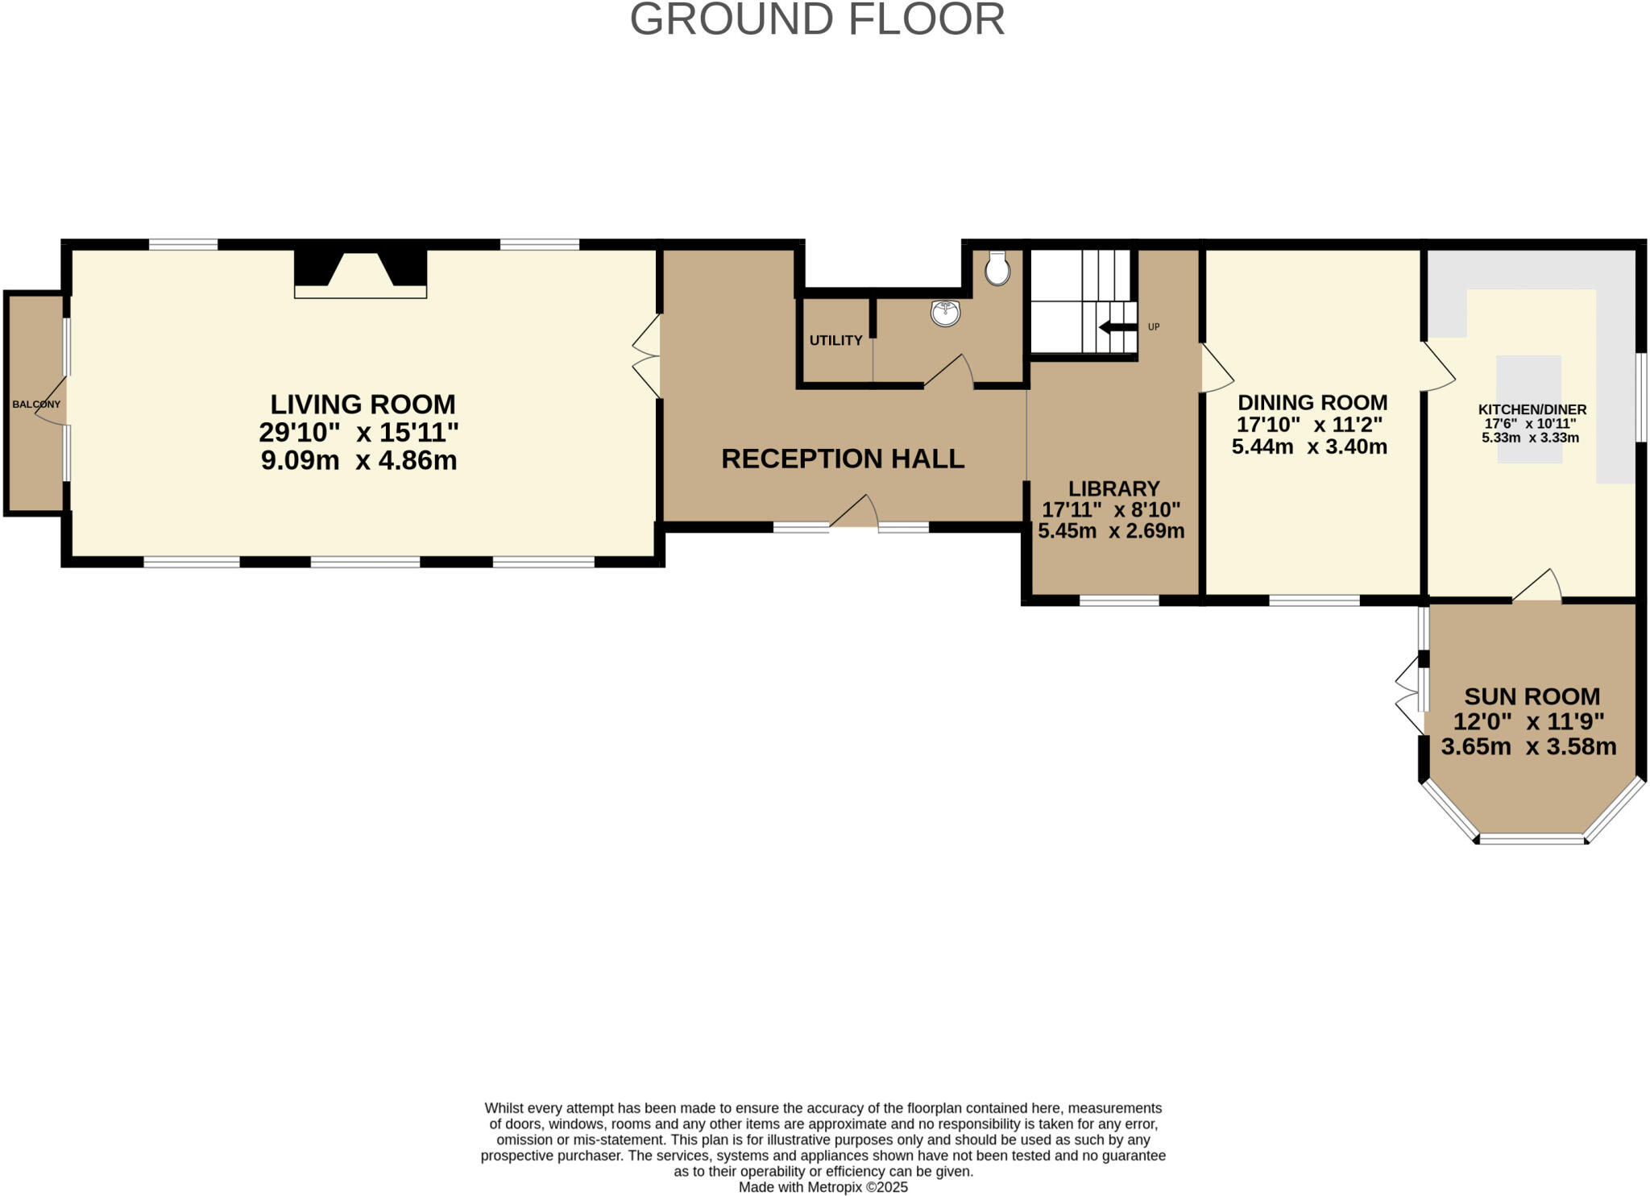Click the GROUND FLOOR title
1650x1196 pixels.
coord(817,19)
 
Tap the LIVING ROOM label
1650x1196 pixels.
coord(363,404)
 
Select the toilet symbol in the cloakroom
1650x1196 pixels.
coord(997,268)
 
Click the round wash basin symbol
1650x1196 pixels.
coord(945,313)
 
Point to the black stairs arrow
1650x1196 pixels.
coord(1117,327)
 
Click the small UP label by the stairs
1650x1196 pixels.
coord(1154,327)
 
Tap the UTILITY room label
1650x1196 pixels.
coord(835,340)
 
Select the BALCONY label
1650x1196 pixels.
coord(36,405)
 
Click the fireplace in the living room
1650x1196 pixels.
coord(360,273)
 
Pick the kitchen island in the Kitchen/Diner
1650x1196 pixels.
coord(1529,409)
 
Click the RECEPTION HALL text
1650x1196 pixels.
coord(843,459)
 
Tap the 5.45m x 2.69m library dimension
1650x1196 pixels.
coord(1111,531)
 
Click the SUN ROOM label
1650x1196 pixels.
coord(1532,696)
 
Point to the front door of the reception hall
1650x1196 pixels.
coord(854,516)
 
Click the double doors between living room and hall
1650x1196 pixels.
coord(647,357)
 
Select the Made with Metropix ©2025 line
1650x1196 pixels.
coord(823,1187)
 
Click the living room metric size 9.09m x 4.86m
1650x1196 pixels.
coord(359,461)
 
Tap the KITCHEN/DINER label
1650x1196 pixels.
coord(1532,409)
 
